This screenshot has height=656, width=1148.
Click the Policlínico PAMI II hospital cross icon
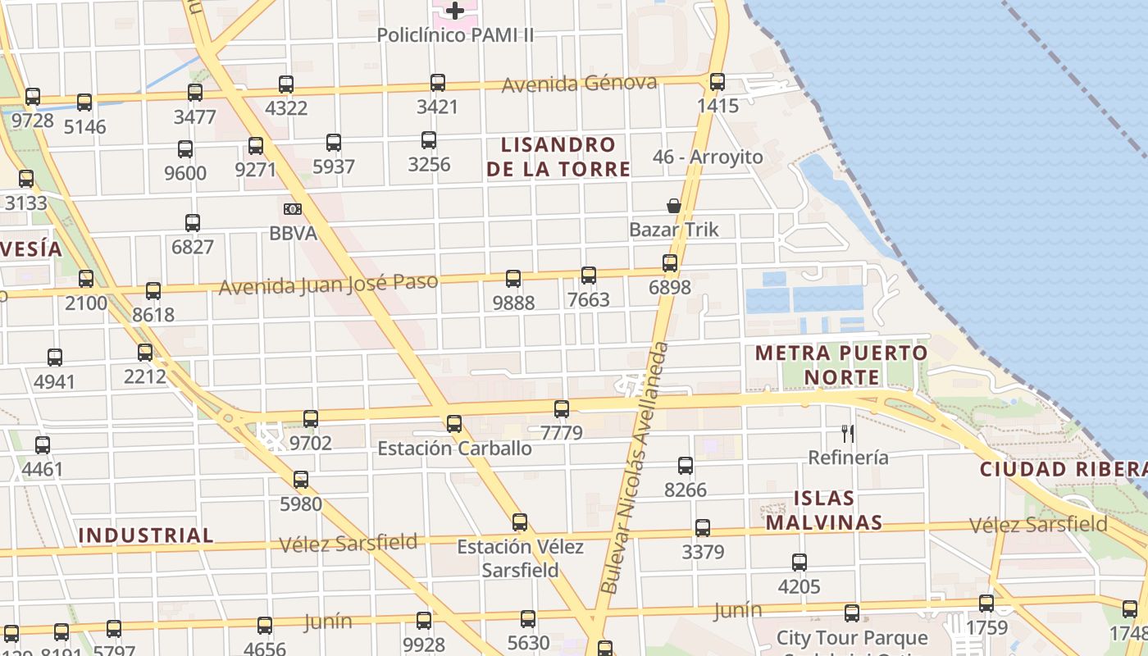[x=455, y=11]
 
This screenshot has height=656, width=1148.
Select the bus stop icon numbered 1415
[x=717, y=82]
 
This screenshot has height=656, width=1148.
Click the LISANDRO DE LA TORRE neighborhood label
[x=558, y=157]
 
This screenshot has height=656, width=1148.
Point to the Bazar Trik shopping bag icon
[x=674, y=206]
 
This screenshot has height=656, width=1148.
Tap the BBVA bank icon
[x=293, y=209]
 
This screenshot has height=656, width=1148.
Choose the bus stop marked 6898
[x=670, y=263]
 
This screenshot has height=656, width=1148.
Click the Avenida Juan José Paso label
[x=328, y=285]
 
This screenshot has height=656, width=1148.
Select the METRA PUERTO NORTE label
[x=841, y=365]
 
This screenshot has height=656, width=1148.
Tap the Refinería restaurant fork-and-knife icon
[x=848, y=433]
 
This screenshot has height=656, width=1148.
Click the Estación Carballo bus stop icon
[x=454, y=424]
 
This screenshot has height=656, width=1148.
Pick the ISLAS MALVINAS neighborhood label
[x=825, y=510]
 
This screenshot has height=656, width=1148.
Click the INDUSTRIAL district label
[x=146, y=535]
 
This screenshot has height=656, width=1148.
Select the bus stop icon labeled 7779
[x=562, y=408]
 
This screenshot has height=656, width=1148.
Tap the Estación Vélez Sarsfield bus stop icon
[x=520, y=522]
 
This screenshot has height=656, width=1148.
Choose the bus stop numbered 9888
[x=513, y=279]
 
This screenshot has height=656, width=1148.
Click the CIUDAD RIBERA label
[x=1063, y=469]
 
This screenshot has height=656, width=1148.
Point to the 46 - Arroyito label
[x=708, y=157]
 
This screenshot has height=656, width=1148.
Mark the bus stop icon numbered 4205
[x=799, y=563]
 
